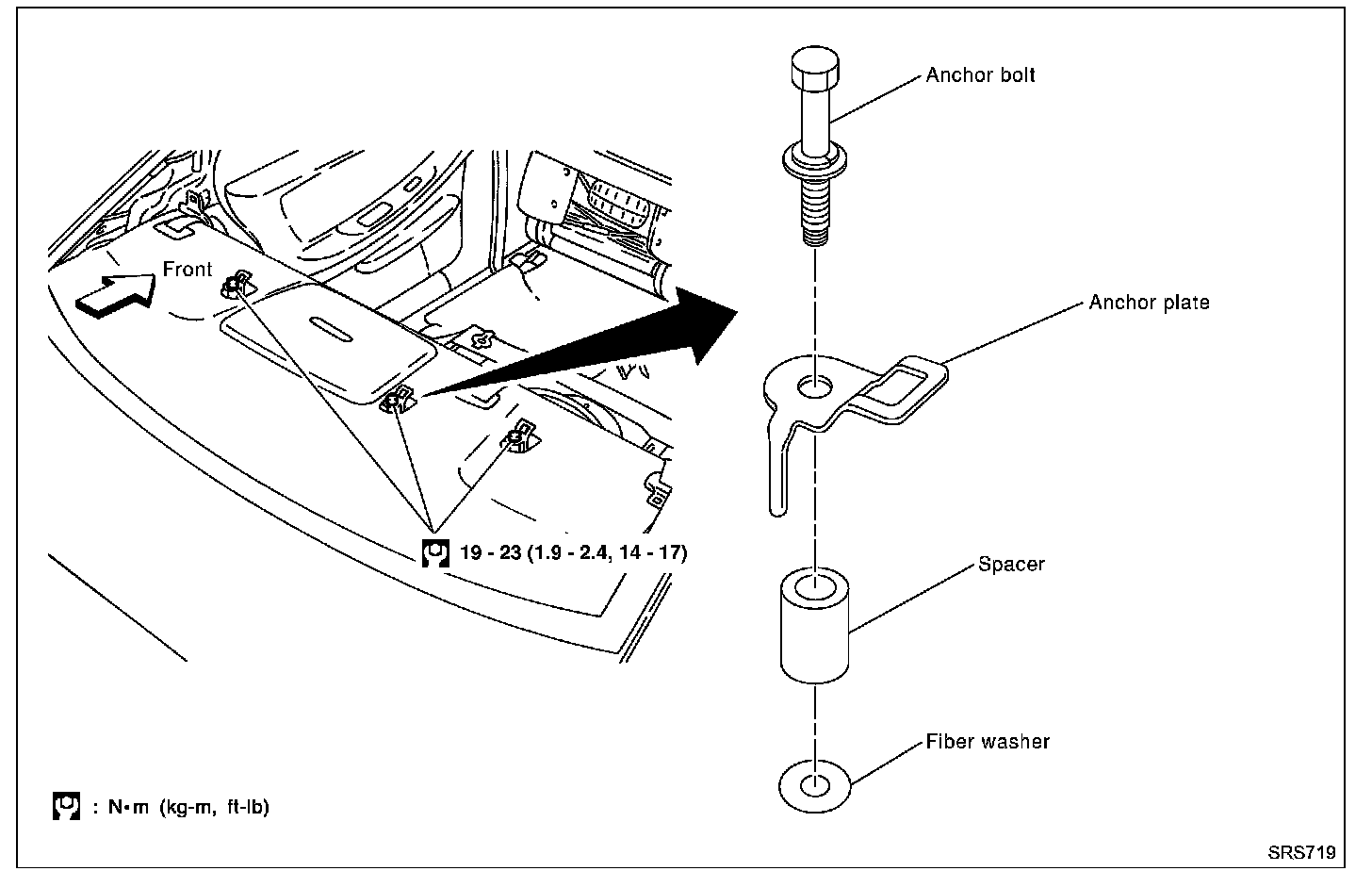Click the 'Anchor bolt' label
tap(980, 75)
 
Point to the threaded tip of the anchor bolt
tap(811, 222)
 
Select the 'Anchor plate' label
tap(1149, 303)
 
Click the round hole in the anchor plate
tap(814, 386)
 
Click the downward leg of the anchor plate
tap(778, 471)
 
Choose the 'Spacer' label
tap(1011, 565)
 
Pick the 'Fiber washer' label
tap(987, 742)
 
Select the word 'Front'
tap(188, 270)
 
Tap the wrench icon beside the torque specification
tap(434, 553)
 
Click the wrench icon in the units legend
tap(65, 807)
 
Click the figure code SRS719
tap(1300, 853)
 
